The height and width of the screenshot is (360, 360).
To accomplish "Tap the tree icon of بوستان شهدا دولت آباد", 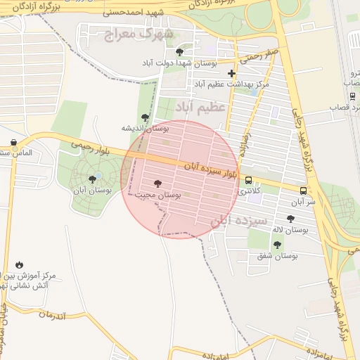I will [x=180, y=51].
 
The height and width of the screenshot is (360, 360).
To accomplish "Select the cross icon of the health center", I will [x=231, y=73].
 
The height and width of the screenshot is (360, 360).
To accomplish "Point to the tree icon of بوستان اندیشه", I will [x=145, y=117].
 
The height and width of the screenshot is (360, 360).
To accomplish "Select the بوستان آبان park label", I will [x=89, y=190].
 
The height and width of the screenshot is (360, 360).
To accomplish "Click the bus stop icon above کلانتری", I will [x=247, y=179].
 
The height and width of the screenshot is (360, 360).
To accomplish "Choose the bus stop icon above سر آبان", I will [x=303, y=190].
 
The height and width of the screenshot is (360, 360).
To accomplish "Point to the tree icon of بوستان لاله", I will [x=290, y=219].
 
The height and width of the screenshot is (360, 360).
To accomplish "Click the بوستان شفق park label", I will [x=277, y=256].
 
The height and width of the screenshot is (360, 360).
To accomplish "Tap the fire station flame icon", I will [x=19, y=264].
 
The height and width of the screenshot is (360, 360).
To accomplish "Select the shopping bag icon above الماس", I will [x=14, y=142].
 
